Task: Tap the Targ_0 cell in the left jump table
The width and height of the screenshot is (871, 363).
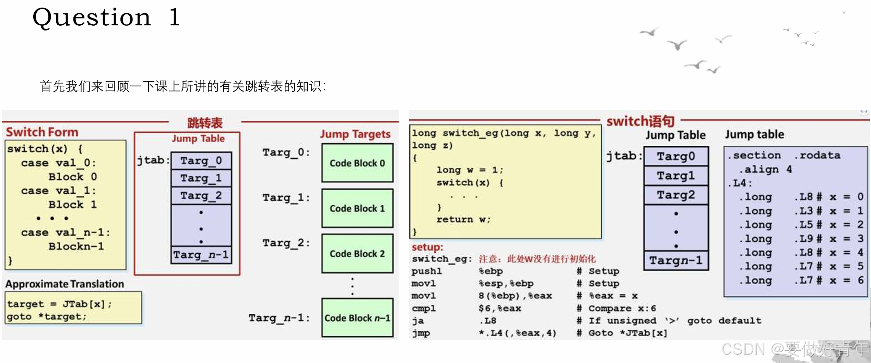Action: (x=201, y=160)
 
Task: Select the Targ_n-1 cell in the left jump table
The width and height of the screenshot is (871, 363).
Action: (x=201, y=255)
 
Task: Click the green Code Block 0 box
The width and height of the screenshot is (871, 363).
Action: (x=357, y=163)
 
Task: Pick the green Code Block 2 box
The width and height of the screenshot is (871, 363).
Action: (x=357, y=253)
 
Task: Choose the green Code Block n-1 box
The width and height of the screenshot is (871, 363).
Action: (x=357, y=318)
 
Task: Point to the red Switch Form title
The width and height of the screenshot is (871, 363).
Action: (x=42, y=132)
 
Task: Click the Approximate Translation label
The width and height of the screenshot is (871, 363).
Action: (x=64, y=284)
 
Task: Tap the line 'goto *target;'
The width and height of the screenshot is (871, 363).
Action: (x=47, y=316)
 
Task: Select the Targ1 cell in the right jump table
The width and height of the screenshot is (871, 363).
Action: (x=675, y=176)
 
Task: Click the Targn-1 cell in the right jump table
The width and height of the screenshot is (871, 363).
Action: (x=675, y=261)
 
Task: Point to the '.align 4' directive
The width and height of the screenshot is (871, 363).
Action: (x=765, y=169)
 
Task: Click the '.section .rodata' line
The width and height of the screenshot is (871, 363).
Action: (x=784, y=155)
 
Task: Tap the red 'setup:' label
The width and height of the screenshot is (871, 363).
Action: (x=427, y=247)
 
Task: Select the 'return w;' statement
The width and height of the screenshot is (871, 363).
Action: (x=463, y=219)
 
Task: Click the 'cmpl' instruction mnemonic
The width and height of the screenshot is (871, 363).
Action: (x=424, y=308)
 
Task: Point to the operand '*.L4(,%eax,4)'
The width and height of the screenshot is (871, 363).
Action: (x=517, y=333)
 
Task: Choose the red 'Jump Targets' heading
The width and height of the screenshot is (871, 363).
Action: (x=355, y=134)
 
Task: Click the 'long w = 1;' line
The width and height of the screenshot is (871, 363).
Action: (x=469, y=170)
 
